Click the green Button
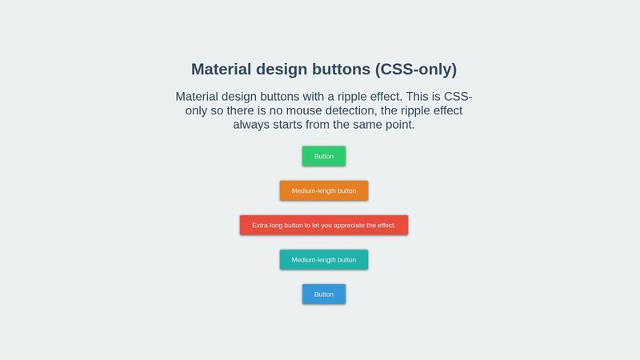tap(323, 156)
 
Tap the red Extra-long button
tap(323, 225)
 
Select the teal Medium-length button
tap(323, 259)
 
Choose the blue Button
tap(323, 294)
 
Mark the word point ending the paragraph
tap(398, 125)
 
